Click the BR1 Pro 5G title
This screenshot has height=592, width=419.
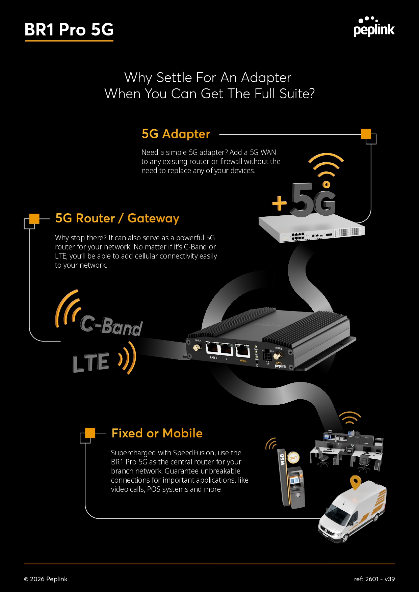click(x=69, y=30)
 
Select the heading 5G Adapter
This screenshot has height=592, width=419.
click(x=176, y=134)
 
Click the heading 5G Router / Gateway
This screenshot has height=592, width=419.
click(x=117, y=218)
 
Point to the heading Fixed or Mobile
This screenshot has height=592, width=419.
click(x=157, y=433)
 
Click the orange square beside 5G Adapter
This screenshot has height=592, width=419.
click(x=366, y=134)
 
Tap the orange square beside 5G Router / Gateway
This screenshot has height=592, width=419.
click(x=34, y=219)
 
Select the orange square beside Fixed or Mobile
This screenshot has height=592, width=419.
click(x=90, y=433)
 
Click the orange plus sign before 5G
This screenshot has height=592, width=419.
click(x=279, y=204)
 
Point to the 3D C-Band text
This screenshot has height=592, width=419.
click(x=111, y=326)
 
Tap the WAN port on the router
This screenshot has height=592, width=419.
click(x=242, y=351)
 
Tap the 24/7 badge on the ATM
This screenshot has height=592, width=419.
click(x=293, y=458)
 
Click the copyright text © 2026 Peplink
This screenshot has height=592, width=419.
click(x=46, y=579)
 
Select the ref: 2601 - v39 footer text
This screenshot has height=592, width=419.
click(x=374, y=579)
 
